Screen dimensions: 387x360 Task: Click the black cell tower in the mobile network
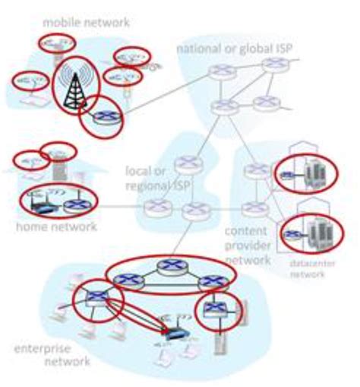click(74, 84)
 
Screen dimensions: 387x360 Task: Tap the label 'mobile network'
click(86, 23)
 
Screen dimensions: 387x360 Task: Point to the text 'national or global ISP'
click(235, 49)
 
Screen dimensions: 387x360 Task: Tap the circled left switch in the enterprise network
click(96, 297)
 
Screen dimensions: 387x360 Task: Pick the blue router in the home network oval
click(74, 203)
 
